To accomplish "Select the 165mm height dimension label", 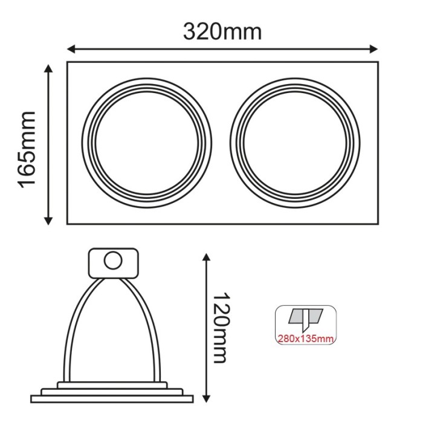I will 28,149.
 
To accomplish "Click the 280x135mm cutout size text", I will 305,338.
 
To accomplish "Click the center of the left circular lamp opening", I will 146,143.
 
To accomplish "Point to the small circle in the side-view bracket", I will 112,261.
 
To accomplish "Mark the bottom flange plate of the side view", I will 112,398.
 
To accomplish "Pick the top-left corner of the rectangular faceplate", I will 67,62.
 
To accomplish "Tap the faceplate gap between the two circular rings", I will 221,143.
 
